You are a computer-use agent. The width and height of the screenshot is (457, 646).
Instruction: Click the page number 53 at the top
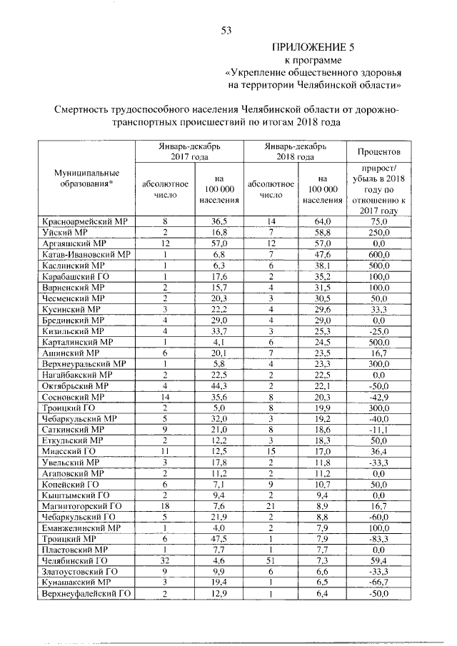click(228, 30)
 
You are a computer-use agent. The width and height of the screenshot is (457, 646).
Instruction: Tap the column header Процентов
click(378, 151)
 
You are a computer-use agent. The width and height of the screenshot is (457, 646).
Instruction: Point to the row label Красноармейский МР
click(84, 223)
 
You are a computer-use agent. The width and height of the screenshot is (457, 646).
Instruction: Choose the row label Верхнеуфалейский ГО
click(86, 594)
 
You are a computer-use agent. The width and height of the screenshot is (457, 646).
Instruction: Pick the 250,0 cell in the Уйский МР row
click(378, 233)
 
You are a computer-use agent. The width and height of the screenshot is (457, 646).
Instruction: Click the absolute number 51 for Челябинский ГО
click(271, 563)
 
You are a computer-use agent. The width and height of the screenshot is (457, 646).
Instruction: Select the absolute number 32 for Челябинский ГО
click(165, 563)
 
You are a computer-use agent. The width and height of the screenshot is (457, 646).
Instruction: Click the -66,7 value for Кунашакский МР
click(378, 583)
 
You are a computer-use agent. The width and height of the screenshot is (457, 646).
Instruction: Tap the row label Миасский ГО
click(69, 453)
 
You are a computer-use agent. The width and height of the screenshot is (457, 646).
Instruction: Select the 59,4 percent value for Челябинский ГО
click(378, 563)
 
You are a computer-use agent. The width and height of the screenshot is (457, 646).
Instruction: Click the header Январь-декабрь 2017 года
click(190, 151)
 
